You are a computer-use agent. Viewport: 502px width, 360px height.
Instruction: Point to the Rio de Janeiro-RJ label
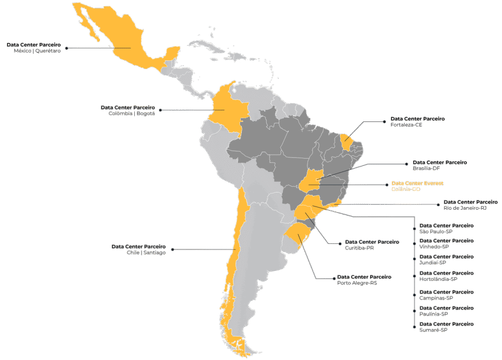point(465,208)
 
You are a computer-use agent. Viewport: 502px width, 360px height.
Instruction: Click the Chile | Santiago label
point(147,253)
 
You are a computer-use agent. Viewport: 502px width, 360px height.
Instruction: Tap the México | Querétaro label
point(37,50)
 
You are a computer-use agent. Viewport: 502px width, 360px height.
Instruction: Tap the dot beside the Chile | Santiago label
point(172,249)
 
